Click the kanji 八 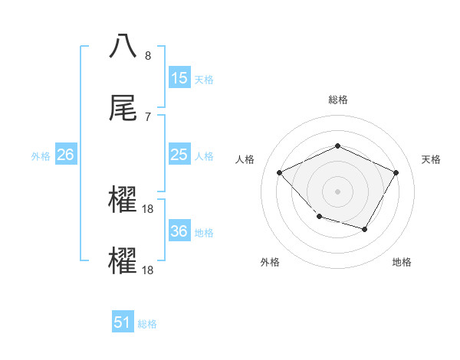coord(123,46)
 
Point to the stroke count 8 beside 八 coord(148,56)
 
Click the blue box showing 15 coord(179,78)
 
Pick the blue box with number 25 coord(179,155)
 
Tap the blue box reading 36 coord(179,231)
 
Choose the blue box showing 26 coord(66,155)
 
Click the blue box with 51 coord(123,322)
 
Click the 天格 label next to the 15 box coord(204,80)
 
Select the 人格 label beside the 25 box coord(204,156)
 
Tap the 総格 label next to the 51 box coord(147,324)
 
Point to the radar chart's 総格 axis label coord(338,100)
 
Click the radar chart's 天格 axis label coord(431,159)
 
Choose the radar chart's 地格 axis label coord(402,262)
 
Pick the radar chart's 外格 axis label coord(270,262)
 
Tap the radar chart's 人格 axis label coord(245,159)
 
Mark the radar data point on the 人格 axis coord(280,172)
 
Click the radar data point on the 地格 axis coord(365,229)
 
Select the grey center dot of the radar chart coord(337,191)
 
